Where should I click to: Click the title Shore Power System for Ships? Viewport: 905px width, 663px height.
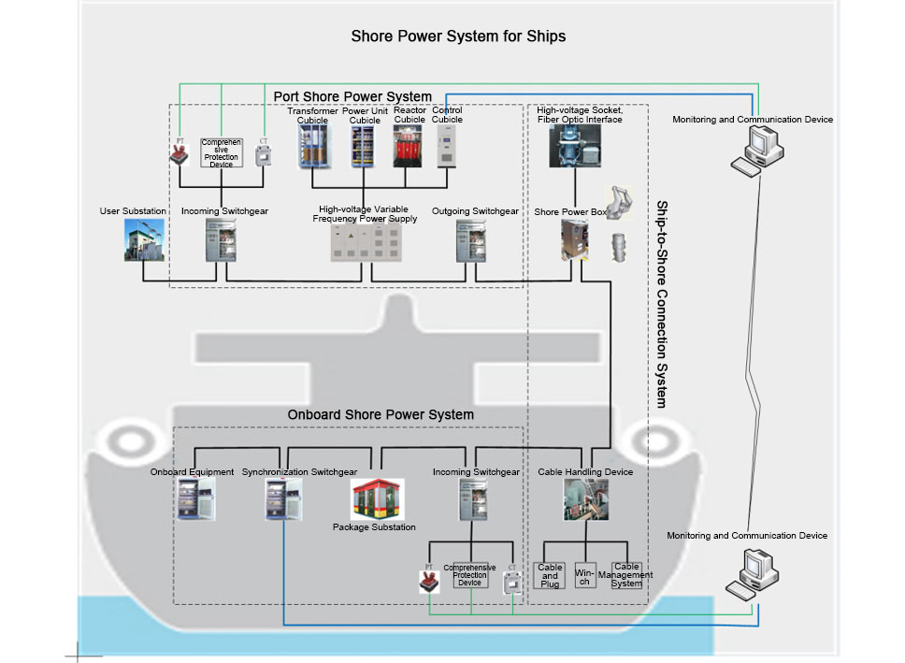coord(458,36)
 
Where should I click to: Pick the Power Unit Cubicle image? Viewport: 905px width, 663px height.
coord(361,148)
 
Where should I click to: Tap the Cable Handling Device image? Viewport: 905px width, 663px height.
coord(585,499)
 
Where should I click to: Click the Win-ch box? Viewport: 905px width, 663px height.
coord(584,575)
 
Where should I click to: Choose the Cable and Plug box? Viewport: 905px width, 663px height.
coord(550,575)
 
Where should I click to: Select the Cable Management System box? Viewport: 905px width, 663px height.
coord(626,575)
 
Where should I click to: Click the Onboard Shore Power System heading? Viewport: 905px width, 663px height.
coord(381,414)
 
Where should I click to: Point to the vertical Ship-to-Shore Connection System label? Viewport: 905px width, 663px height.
coord(661,304)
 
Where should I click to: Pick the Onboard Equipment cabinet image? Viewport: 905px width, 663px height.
coord(196,499)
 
